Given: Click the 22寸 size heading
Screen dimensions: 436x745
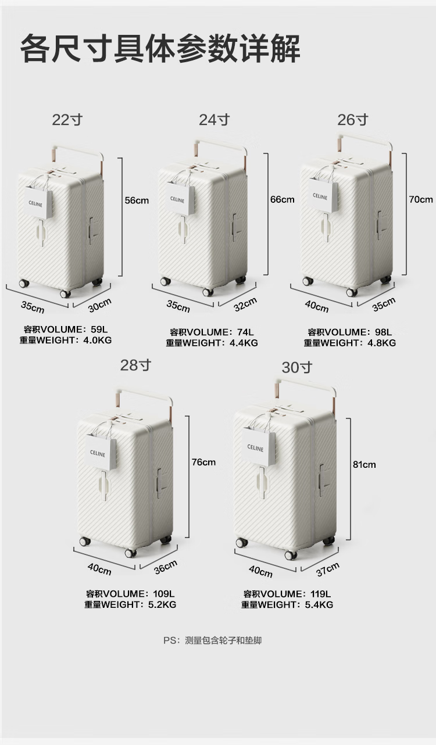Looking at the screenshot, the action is [x=67, y=120].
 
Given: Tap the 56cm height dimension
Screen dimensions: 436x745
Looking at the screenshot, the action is [x=137, y=200].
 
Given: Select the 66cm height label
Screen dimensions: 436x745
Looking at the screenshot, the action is [x=282, y=199].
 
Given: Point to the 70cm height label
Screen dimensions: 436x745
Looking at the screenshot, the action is [x=421, y=199].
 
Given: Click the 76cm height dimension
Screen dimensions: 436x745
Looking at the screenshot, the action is [x=203, y=462].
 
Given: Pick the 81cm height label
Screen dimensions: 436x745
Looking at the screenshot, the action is [x=364, y=464].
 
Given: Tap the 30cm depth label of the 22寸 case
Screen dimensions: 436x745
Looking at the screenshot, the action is [x=100, y=305].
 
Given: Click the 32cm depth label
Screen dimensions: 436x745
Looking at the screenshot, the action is [x=245, y=304].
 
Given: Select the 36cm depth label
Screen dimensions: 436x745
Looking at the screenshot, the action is [x=166, y=567].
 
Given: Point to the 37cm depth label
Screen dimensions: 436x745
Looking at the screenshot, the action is [x=328, y=570].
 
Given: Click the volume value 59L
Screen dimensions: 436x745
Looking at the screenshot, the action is [x=99, y=329].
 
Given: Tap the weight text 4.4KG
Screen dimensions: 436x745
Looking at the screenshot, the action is [x=244, y=343].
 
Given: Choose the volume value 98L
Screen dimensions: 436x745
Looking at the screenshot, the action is [x=383, y=332].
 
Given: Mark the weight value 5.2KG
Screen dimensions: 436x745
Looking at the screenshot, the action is [x=162, y=604].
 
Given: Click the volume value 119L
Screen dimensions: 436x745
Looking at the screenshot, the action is [x=321, y=594].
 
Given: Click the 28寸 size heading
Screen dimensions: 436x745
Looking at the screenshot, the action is [x=135, y=366].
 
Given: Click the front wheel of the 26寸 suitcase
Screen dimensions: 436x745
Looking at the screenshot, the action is [x=351, y=292].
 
